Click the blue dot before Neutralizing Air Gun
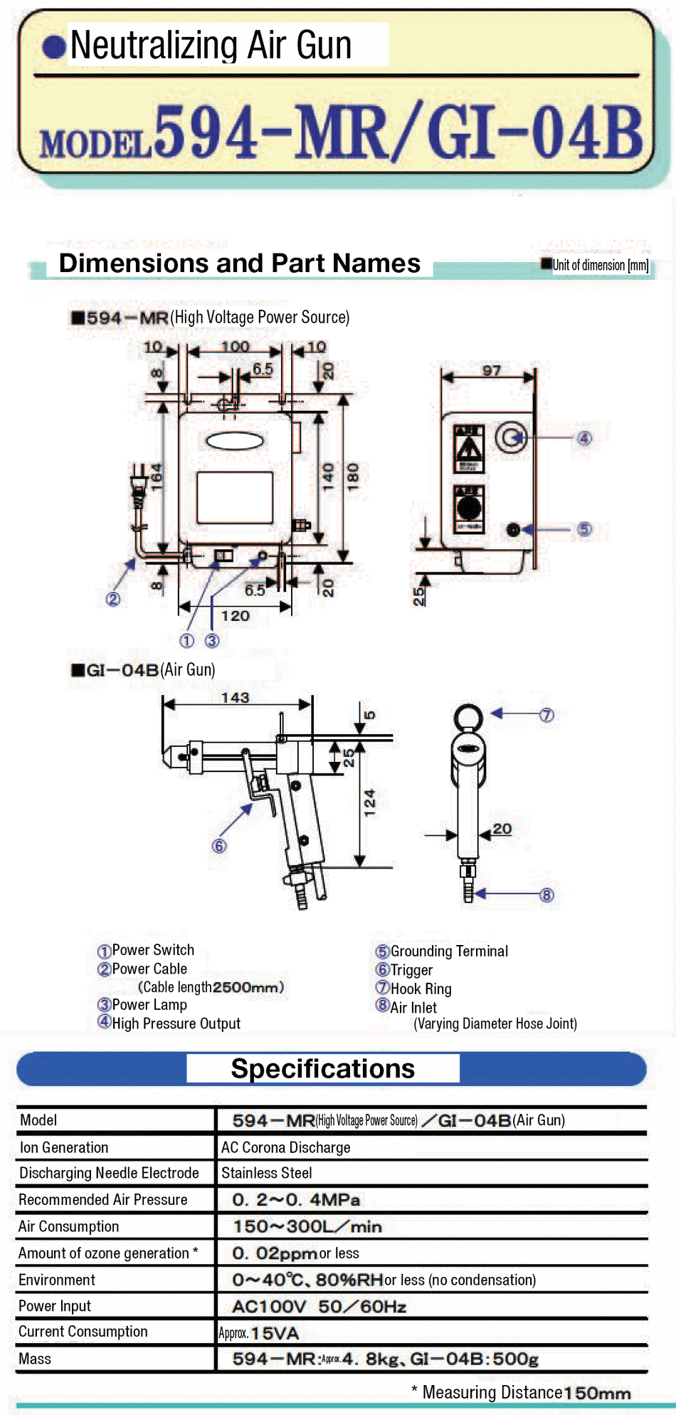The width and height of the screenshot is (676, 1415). pos(54,47)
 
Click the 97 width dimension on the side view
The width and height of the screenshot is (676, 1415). pos(492,370)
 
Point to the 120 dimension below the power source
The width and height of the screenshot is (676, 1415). pos(235,615)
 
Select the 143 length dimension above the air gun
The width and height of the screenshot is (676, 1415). pos(235,698)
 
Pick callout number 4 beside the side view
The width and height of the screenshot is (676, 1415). pos(584,438)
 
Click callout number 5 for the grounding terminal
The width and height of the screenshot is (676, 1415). pos(584,529)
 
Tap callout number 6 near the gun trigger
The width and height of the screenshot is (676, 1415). pos(219,846)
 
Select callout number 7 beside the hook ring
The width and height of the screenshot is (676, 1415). pos(546,715)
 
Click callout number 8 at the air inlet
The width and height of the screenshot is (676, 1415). pos(546,894)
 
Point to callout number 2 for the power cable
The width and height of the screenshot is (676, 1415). pos(113,599)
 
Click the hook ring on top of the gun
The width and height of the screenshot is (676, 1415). pos(468,717)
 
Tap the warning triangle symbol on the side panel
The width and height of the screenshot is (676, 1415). pos(469,449)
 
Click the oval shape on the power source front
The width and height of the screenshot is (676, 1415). pos(235,442)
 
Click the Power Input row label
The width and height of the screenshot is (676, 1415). pos(55,1306)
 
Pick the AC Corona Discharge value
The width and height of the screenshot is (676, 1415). pos(286,1147)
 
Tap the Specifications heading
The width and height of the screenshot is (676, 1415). pos(323,1069)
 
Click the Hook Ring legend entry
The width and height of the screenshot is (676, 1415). pos(421,988)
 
